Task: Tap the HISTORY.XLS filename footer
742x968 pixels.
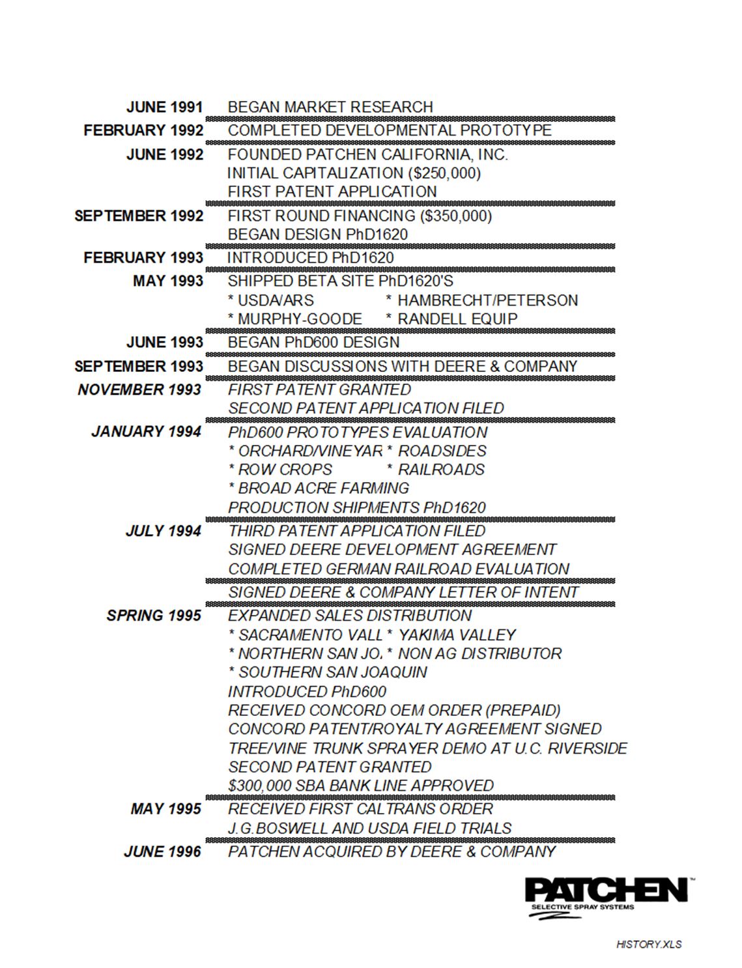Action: click(649, 944)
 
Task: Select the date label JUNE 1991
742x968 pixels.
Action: click(165, 107)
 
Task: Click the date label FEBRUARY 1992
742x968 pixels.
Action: click(143, 130)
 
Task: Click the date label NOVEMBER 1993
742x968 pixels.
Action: click(139, 390)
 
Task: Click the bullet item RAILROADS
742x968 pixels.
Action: click(441, 470)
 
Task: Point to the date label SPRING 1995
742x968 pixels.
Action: click(154, 616)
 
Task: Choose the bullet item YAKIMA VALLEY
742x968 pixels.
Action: click(457, 635)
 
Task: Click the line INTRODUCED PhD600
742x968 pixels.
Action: click(307, 692)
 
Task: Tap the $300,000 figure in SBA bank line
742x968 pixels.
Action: click(258, 786)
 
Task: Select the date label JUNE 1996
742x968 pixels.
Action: click(162, 851)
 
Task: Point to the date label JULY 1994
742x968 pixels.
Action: click(163, 531)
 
